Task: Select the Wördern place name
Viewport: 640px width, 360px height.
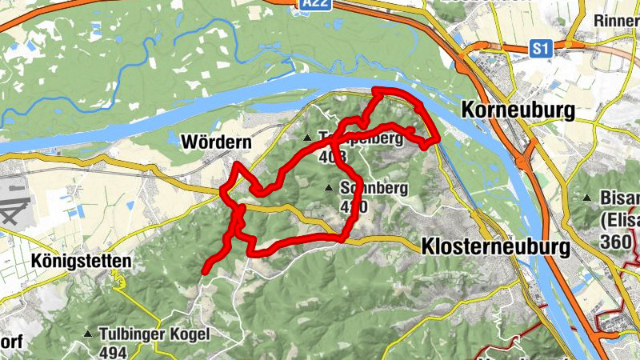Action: [217, 142]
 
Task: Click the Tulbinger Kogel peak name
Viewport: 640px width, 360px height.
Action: [143, 333]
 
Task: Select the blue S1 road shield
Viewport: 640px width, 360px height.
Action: [542, 50]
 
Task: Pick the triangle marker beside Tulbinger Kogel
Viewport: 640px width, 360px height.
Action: [88, 333]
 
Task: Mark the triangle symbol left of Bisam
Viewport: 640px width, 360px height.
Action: [587, 198]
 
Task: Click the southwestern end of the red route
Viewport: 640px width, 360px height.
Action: [205, 271]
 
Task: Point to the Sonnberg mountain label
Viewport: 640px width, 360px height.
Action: [374, 189]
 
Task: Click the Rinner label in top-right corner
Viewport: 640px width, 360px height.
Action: [616, 19]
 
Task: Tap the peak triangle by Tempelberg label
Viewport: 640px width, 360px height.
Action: [306, 138]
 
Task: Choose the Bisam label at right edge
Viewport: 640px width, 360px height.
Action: [619, 198]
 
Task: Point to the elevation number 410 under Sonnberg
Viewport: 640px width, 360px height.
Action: [354, 206]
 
